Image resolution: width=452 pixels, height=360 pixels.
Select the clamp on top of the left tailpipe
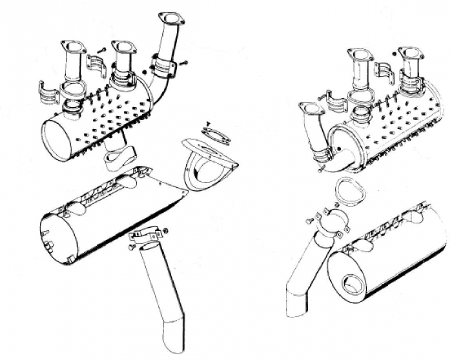148,237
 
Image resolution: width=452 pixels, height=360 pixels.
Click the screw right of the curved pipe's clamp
185,63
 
